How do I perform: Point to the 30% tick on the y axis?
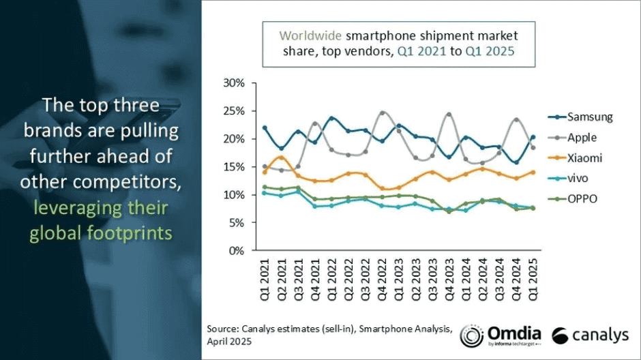(234, 83)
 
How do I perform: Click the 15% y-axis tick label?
(234, 167)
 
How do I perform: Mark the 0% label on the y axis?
(237, 250)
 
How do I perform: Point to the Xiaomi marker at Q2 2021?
(282, 157)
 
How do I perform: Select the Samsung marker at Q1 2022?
(332, 118)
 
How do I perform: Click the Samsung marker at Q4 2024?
(516, 162)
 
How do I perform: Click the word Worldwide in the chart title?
(310, 35)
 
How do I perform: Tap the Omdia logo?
(501, 335)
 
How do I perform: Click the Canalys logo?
(591, 335)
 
